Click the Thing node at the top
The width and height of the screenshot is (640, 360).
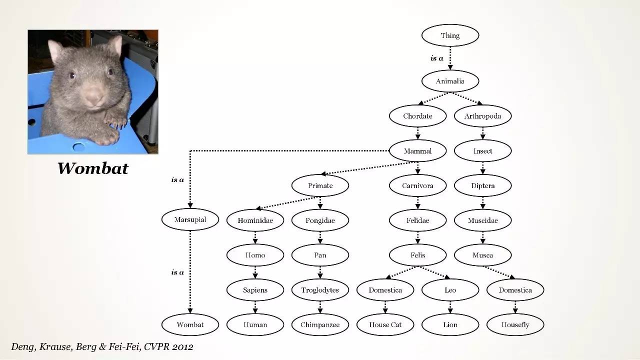450,35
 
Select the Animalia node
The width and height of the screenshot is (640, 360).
450,81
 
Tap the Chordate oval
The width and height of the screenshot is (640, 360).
417,116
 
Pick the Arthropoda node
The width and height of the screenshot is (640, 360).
482,116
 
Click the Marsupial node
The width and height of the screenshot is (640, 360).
190,219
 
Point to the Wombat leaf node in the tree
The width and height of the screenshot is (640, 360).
190,324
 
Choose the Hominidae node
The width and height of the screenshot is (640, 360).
255,220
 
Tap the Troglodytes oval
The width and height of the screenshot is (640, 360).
320,290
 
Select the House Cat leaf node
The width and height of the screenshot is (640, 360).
385,324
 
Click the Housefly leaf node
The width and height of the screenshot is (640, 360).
515,324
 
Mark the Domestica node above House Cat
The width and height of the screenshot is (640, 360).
385,290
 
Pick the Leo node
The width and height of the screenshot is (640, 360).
450,290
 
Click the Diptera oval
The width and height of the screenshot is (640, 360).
482,185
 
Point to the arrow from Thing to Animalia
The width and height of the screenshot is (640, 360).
450,58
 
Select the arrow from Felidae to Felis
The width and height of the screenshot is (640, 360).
417,237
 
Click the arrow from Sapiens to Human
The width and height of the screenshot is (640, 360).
255,307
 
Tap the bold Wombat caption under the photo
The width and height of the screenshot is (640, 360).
92,168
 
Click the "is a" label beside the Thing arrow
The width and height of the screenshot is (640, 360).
436,58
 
